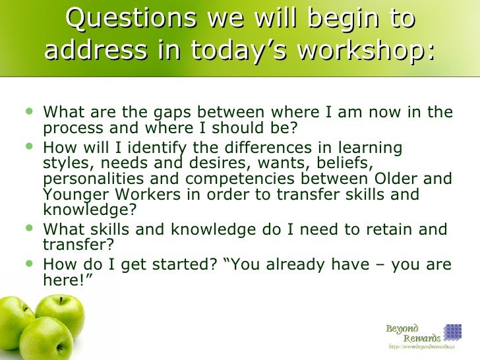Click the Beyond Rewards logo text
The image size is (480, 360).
tap(413, 334)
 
